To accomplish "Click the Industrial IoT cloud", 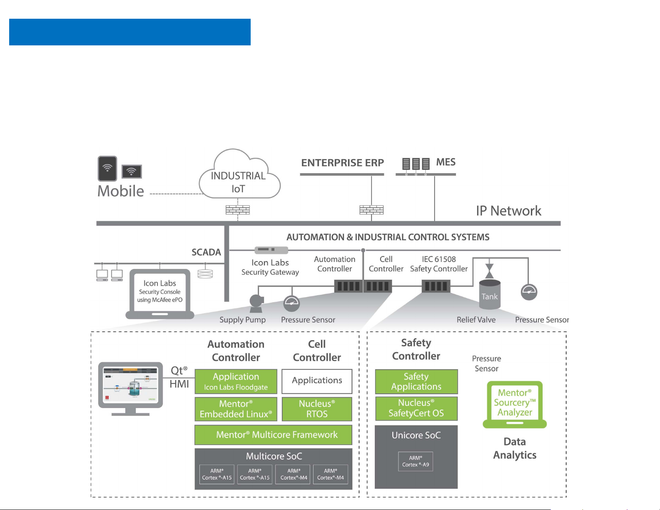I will tap(239, 177).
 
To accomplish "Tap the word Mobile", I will tap(121, 191).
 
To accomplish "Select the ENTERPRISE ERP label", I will tap(342, 163).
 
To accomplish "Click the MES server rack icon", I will tap(416, 164).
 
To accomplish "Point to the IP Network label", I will tap(508, 211).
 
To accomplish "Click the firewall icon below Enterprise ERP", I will tap(371, 209).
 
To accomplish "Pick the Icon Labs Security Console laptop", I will tap(160, 293).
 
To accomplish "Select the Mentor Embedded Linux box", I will tap(236, 409).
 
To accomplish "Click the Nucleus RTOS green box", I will tap(317, 409).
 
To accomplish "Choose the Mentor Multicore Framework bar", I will tap(273, 435).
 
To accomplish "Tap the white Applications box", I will tap(317, 381).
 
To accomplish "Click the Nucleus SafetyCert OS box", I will tap(416, 408).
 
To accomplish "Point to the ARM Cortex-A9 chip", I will tap(416, 461).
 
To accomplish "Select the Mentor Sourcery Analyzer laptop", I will tap(515, 404).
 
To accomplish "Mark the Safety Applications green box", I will tap(416, 381).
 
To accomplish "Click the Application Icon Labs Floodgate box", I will tap(236, 381).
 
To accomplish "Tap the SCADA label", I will tap(206, 252).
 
